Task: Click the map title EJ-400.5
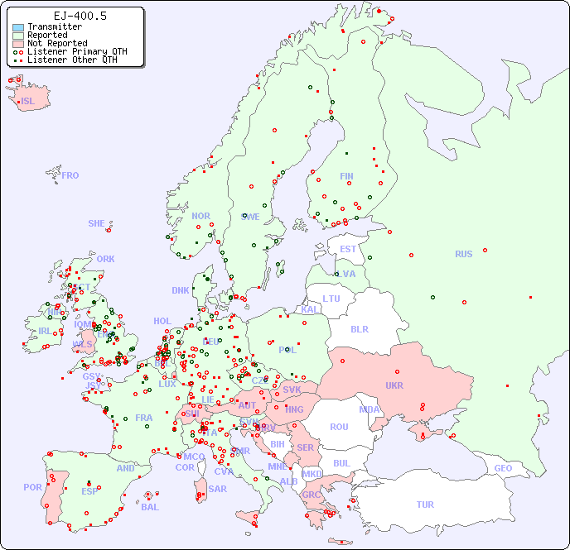80,16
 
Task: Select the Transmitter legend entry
54,27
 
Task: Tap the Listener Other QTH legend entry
72,60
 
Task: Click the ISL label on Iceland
27,102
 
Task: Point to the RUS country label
463,254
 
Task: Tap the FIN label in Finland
346,176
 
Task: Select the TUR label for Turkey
425,505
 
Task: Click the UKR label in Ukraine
394,385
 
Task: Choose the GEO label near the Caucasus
503,468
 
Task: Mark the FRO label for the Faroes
70,175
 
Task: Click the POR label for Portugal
32,487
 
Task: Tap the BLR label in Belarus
359,328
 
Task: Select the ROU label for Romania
339,427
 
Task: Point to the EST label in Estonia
348,249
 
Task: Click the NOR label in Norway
200,216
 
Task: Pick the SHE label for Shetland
97,223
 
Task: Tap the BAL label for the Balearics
149,507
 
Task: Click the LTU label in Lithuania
331,299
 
